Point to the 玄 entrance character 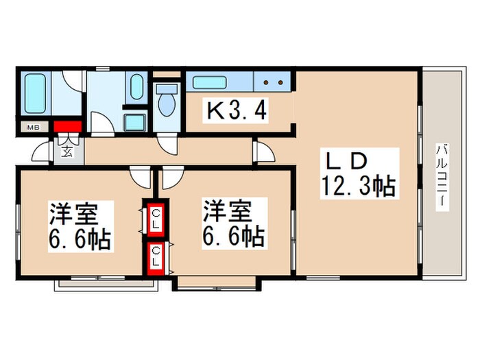pos(69,150)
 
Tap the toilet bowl pos(165,102)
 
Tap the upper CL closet pos(156,219)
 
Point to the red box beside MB pos(68,127)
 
